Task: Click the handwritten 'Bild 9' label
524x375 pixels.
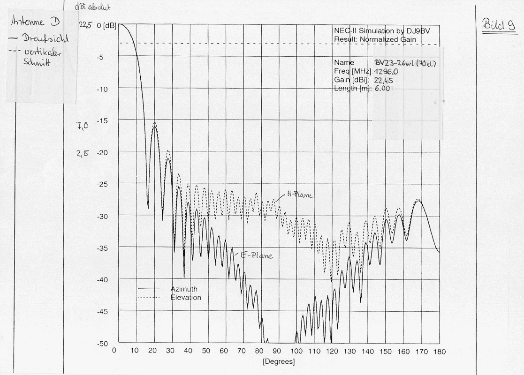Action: pyautogui.click(x=498, y=26)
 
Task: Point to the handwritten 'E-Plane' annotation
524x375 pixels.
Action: pyautogui.click(x=257, y=256)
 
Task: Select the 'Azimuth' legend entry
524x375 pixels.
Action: pyautogui.click(x=184, y=289)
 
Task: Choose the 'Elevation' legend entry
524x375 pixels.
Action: pyautogui.click(x=186, y=298)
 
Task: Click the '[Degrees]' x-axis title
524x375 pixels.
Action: pyautogui.click(x=279, y=361)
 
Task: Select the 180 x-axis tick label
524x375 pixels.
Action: pyautogui.click(x=440, y=351)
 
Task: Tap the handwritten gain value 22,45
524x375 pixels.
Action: pyautogui.click(x=384, y=80)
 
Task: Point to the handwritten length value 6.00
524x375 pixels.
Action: pyautogui.click(x=383, y=89)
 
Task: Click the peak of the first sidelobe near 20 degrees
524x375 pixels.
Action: pyautogui.click(x=154, y=123)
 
